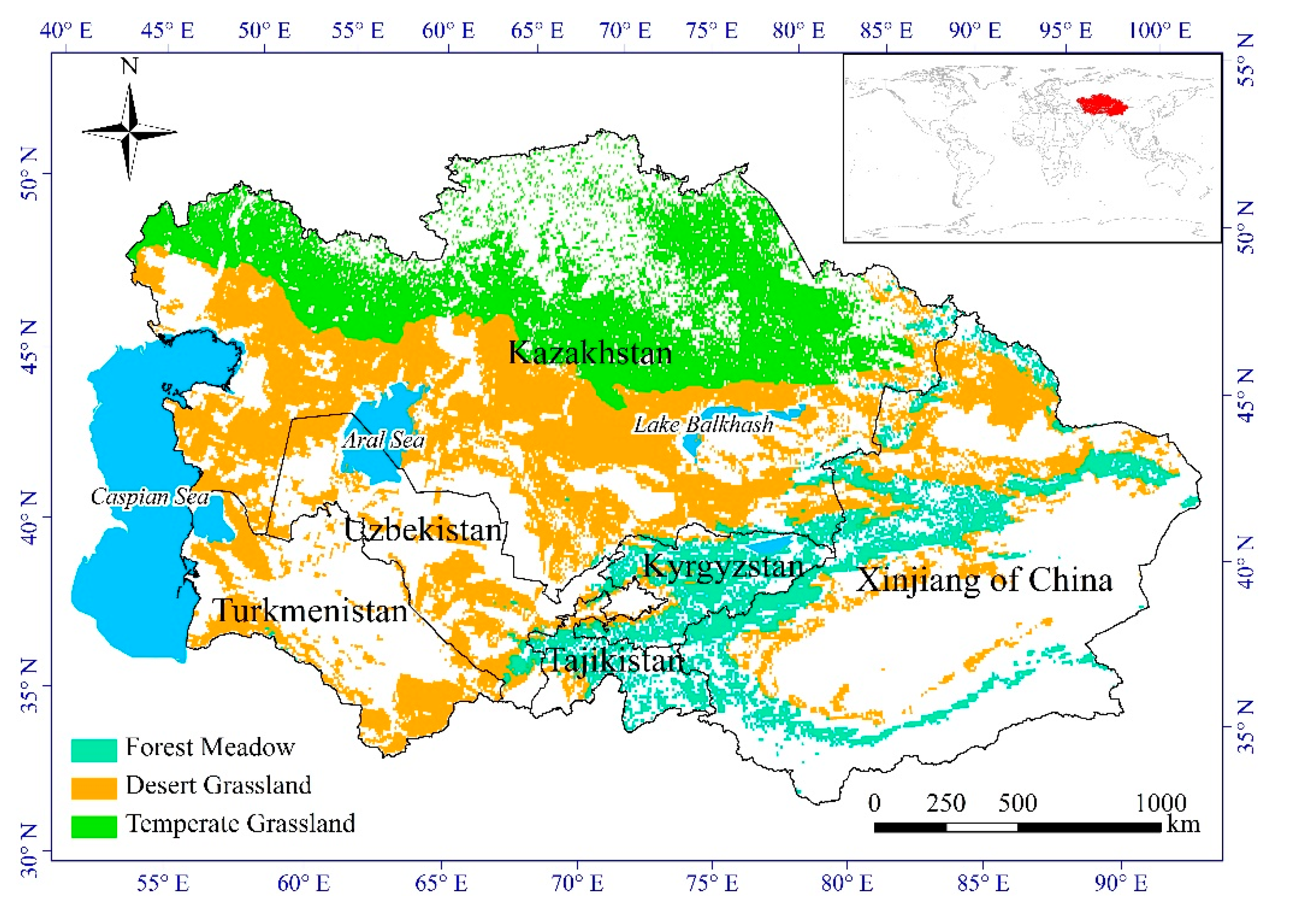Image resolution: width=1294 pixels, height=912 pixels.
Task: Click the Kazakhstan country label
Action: (590, 353)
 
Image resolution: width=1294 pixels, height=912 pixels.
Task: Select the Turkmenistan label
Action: (310, 611)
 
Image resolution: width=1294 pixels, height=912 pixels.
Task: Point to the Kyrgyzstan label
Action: (723, 565)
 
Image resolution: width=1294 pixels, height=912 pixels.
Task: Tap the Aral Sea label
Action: (383, 440)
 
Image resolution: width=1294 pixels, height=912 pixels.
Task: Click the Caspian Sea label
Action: (149, 497)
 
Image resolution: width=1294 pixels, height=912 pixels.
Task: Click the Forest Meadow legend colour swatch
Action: (94, 750)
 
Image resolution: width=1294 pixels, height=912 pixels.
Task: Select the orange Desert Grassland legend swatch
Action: (94, 787)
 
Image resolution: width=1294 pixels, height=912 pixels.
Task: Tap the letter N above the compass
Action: (129, 66)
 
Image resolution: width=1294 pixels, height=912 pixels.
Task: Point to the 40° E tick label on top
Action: (66, 30)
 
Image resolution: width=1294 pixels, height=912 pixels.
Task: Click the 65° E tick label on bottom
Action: (441, 883)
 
